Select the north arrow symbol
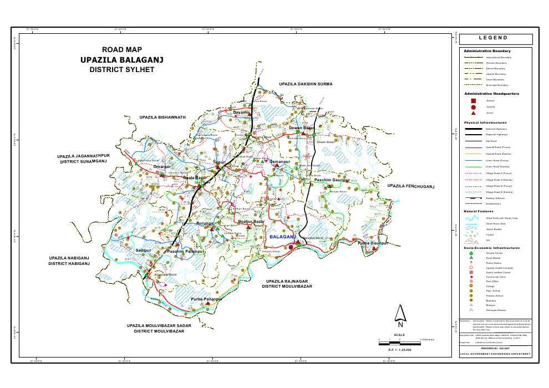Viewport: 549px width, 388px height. point(400,314)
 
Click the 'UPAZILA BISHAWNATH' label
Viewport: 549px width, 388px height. point(162,118)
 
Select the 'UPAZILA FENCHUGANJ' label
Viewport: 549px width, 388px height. point(410,186)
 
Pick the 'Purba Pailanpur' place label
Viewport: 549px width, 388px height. point(206,299)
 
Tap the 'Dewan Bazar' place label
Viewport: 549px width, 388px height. point(302,128)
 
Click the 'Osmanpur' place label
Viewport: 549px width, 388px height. point(279,161)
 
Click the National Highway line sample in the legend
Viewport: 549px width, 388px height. point(474,129)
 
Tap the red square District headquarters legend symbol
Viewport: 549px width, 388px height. point(473,101)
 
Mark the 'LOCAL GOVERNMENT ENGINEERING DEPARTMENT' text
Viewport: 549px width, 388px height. point(496,354)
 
